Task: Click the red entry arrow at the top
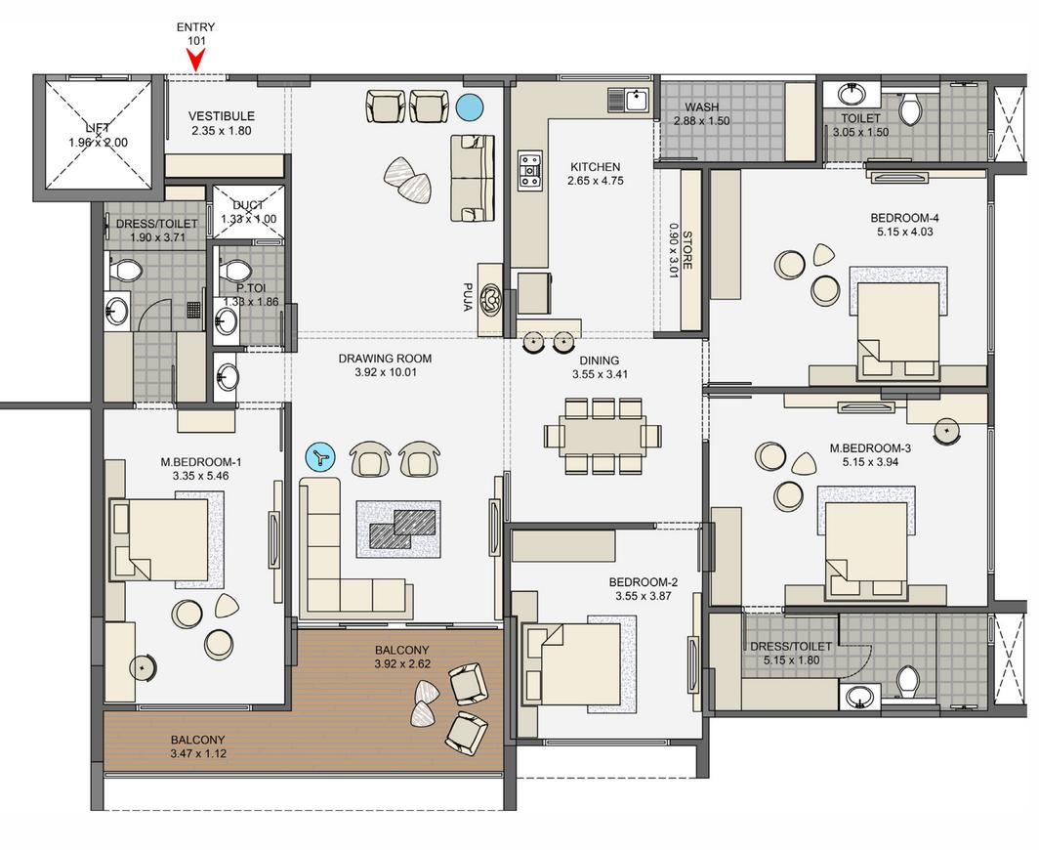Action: [196, 60]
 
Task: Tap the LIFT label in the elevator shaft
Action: [97, 128]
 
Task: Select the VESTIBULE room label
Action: [222, 116]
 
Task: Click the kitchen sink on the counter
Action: [630, 99]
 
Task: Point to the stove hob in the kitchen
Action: [530, 170]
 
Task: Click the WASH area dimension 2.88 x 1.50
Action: [702, 121]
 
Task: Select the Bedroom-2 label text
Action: [645, 581]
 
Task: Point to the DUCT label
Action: [249, 205]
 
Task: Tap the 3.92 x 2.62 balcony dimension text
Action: [401, 664]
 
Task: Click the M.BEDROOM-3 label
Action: [870, 448]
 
